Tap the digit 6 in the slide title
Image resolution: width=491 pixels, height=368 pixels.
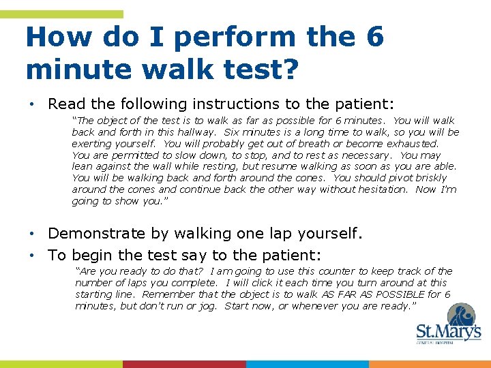coord(375,37)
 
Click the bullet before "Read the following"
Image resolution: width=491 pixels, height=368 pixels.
coord(32,104)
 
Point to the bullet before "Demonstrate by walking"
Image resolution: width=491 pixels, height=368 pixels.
coord(32,234)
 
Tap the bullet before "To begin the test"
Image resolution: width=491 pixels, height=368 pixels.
coord(32,256)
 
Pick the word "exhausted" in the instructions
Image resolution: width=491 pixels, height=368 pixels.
coord(413,144)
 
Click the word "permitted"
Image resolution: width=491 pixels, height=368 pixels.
coord(130,155)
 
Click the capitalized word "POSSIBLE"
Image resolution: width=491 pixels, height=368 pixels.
coord(395,294)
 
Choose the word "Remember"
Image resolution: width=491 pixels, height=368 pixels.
coord(162,294)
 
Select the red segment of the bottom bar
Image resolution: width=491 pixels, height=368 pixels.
coord(184,364)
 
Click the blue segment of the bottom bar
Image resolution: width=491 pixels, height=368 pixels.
coord(307,364)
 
